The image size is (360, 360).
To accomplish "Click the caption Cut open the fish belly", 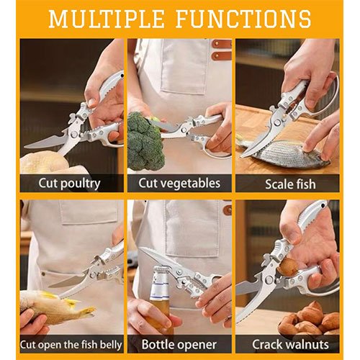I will coord(71,343).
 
